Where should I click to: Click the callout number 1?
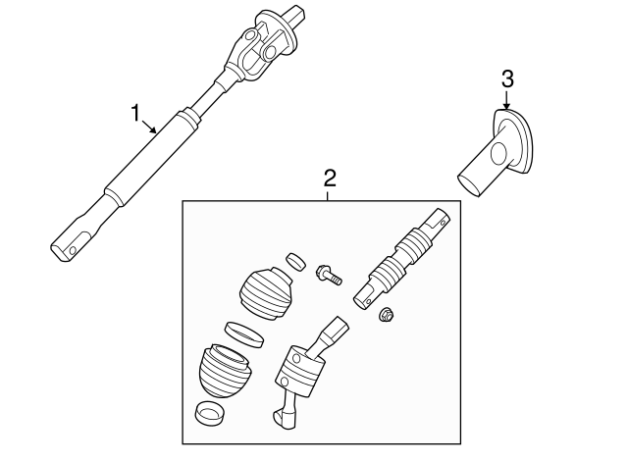click(x=136, y=113)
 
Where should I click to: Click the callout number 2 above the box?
click(x=330, y=179)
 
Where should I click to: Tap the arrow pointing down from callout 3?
click(x=506, y=106)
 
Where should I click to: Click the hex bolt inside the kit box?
click(x=327, y=273)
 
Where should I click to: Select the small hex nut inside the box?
click(x=387, y=315)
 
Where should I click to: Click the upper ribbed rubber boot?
click(x=266, y=287)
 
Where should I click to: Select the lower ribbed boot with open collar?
click(x=224, y=371)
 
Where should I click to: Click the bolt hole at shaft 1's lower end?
click(x=73, y=251)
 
